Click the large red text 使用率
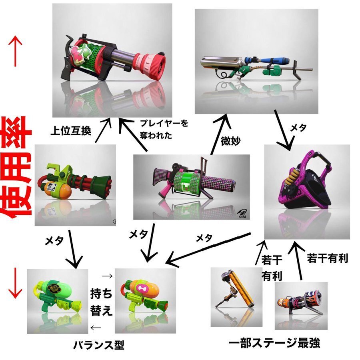[x=16, y=167]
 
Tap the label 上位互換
[x=71, y=131]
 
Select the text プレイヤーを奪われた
[x=164, y=129]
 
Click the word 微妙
[x=230, y=141]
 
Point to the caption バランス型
[x=99, y=345]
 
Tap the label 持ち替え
[x=101, y=302]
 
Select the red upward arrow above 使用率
[x=15, y=51]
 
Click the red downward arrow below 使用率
[x=15, y=283]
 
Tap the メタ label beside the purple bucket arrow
[x=298, y=128]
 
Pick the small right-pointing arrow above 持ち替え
[x=107, y=276]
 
